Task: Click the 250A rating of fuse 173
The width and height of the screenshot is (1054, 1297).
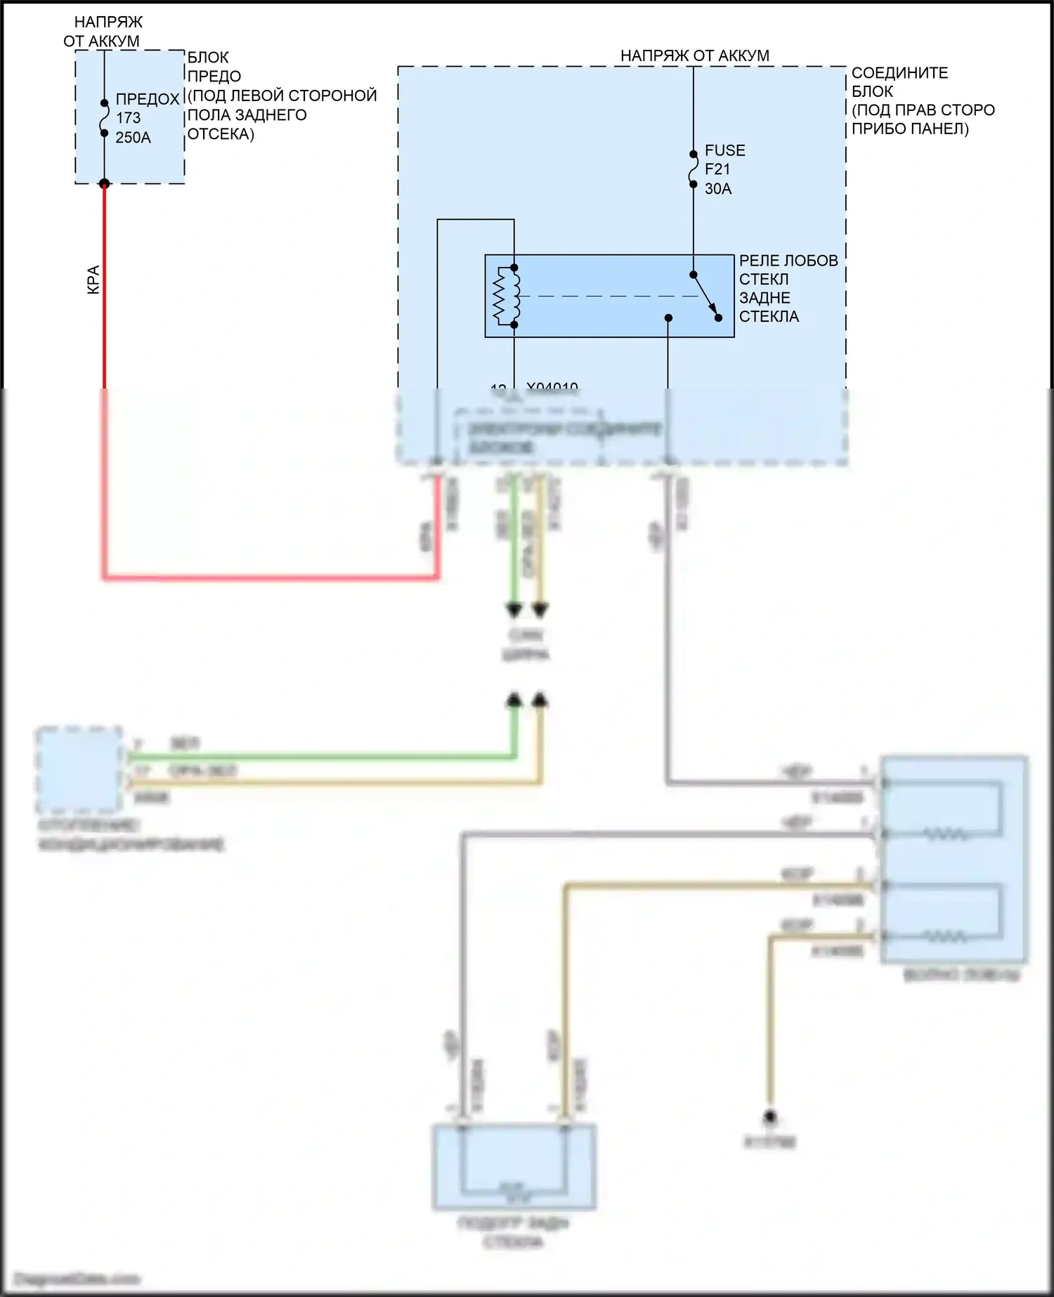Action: tap(133, 138)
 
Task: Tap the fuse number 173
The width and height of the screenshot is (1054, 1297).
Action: tap(129, 118)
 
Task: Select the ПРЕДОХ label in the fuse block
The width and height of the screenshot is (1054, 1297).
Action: tap(148, 99)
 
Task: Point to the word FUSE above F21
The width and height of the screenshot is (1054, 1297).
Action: tap(725, 150)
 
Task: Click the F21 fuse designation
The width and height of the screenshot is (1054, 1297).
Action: tap(717, 169)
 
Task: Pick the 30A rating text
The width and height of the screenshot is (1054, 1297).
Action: tap(718, 188)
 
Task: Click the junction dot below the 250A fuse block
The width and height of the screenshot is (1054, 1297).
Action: tap(104, 184)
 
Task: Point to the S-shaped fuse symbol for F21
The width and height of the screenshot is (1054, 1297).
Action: tap(694, 169)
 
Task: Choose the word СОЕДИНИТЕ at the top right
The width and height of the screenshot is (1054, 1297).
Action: tap(899, 73)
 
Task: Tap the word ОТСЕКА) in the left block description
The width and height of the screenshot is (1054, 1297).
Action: tap(221, 134)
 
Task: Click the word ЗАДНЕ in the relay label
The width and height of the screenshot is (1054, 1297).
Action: tap(765, 298)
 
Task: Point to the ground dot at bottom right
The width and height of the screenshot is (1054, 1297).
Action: tap(770, 1116)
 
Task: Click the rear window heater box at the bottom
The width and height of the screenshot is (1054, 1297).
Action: tap(514, 1167)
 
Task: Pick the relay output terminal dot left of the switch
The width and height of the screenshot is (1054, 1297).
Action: tap(668, 318)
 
